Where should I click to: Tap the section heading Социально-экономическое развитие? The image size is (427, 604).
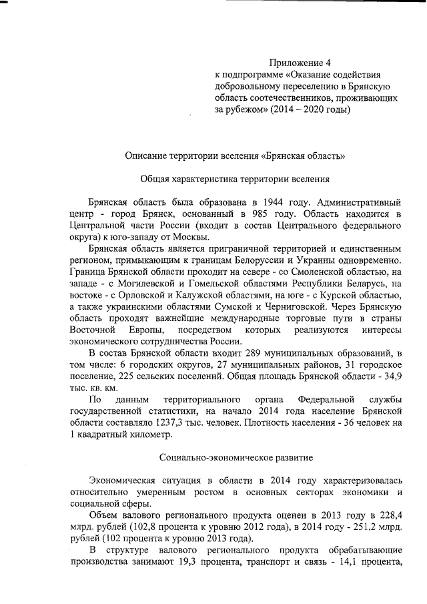tap(237, 458)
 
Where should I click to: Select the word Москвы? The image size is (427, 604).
tap(190, 238)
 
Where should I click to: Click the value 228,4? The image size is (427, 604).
tap(387, 516)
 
